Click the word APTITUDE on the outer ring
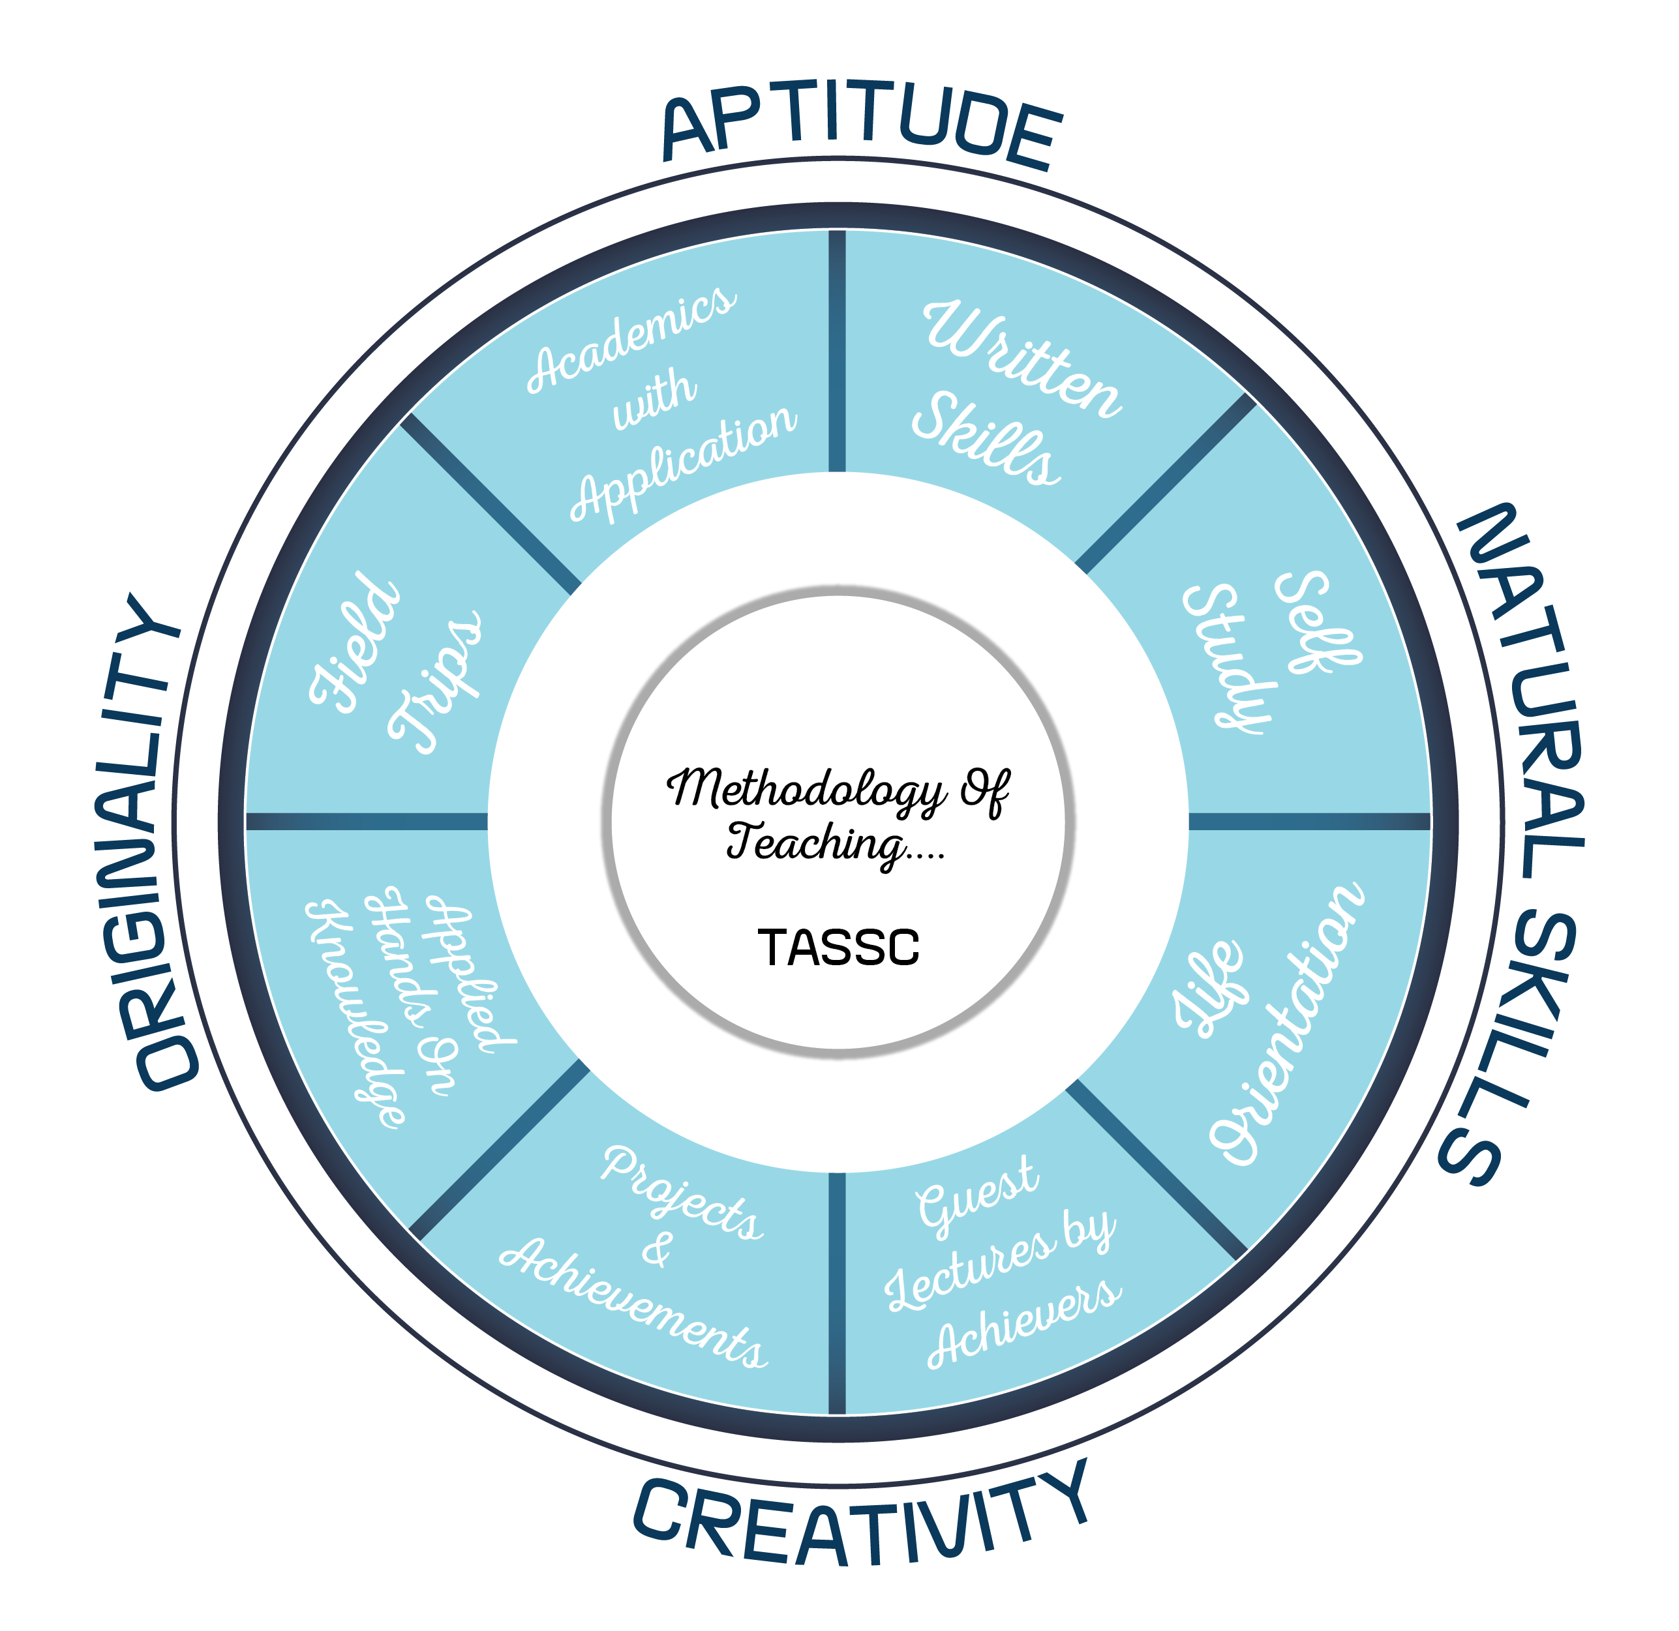click(862, 124)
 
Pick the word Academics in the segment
click(631, 338)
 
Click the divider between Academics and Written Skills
click(837, 352)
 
